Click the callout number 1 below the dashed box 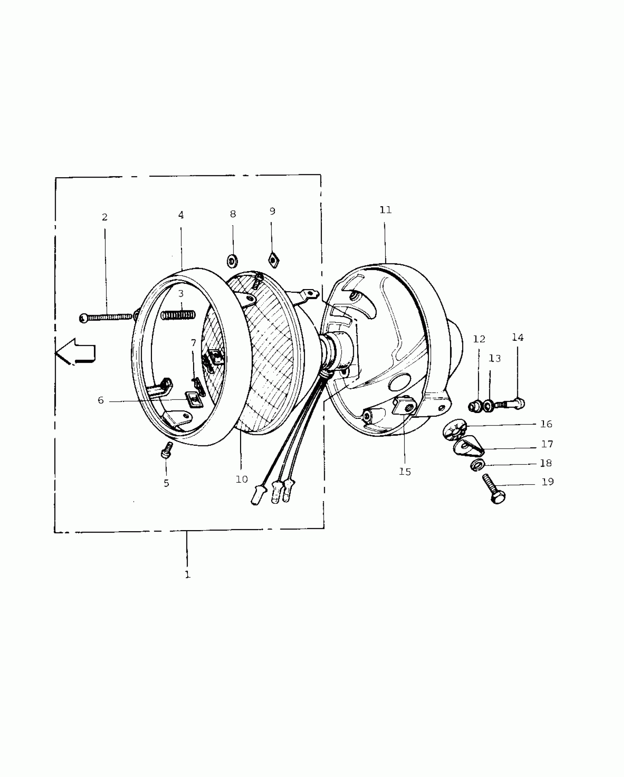click(188, 574)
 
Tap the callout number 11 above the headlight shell click(385, 210)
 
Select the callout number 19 click(547, 482)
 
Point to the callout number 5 click(166, 484)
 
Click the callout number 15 click(405, 472)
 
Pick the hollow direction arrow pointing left click(76, 351)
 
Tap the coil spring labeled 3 click(179, 315)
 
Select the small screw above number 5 click(167, 450)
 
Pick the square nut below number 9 click(273, 259)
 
